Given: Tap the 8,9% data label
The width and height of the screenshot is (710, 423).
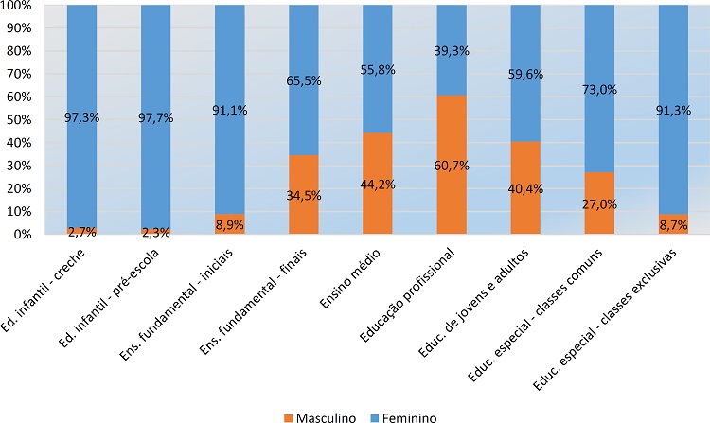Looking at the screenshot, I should (x=229, y=224).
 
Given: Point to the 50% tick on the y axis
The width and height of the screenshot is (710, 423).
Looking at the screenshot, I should (x=20, y=119).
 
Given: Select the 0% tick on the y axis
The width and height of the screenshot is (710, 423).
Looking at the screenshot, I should (x=23, y=234).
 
